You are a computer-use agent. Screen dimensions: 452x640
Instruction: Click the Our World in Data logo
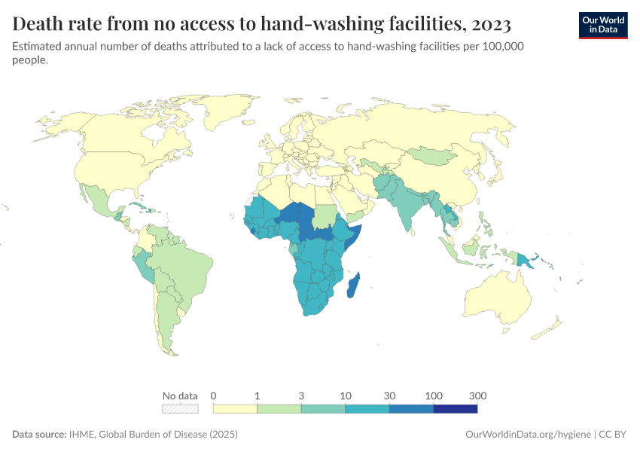[602, 25]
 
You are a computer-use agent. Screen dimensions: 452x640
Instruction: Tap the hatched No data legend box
[181, 409]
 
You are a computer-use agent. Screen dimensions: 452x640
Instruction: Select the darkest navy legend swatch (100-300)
[456, 409]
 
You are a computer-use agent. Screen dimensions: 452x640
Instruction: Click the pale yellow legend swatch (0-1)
[235, 409]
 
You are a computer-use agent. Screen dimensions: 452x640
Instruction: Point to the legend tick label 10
[346, 395]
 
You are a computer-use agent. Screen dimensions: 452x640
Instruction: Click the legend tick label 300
[477, 395]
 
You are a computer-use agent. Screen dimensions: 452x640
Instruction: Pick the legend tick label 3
[301, 395]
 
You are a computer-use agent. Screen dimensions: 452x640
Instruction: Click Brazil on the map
[184, 271]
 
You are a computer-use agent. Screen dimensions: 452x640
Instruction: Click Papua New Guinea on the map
[527, 260]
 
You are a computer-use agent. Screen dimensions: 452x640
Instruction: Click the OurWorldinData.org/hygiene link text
[528, 435]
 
